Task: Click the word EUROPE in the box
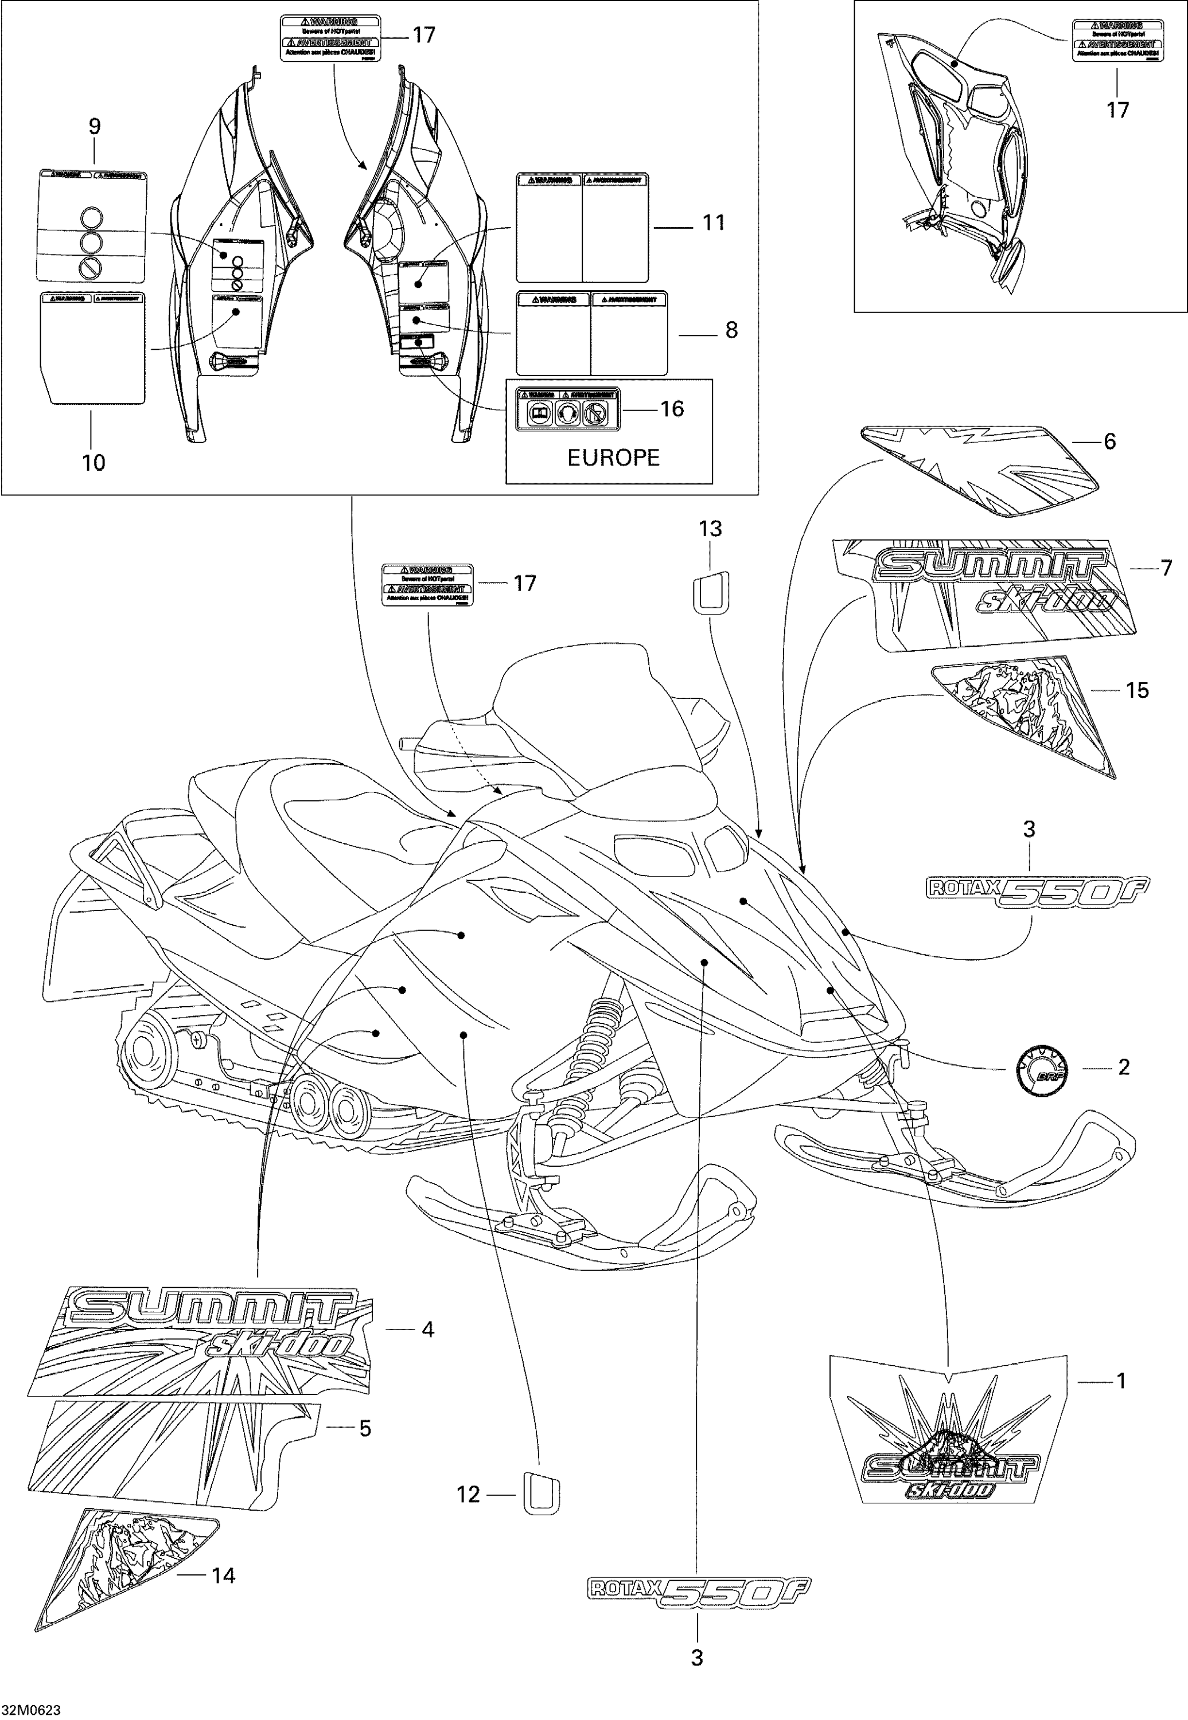pyautogui.click(x=613, y=458)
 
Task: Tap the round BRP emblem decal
pyautogui.click(x=1040, y=1068)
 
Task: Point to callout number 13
pyautogui.click(x=710, y=529)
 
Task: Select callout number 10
pyautogui.click(x=93, y=463)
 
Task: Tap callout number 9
pyautogui.click(x=95, y=127)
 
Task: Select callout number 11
pyautogui.click(x=714, y=222)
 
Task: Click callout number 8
pyautogui.click(x=732, y=330)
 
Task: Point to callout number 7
pyautogui.click(x=1166, y=568)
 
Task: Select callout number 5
pyautogui.click(x=365, y=1428)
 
